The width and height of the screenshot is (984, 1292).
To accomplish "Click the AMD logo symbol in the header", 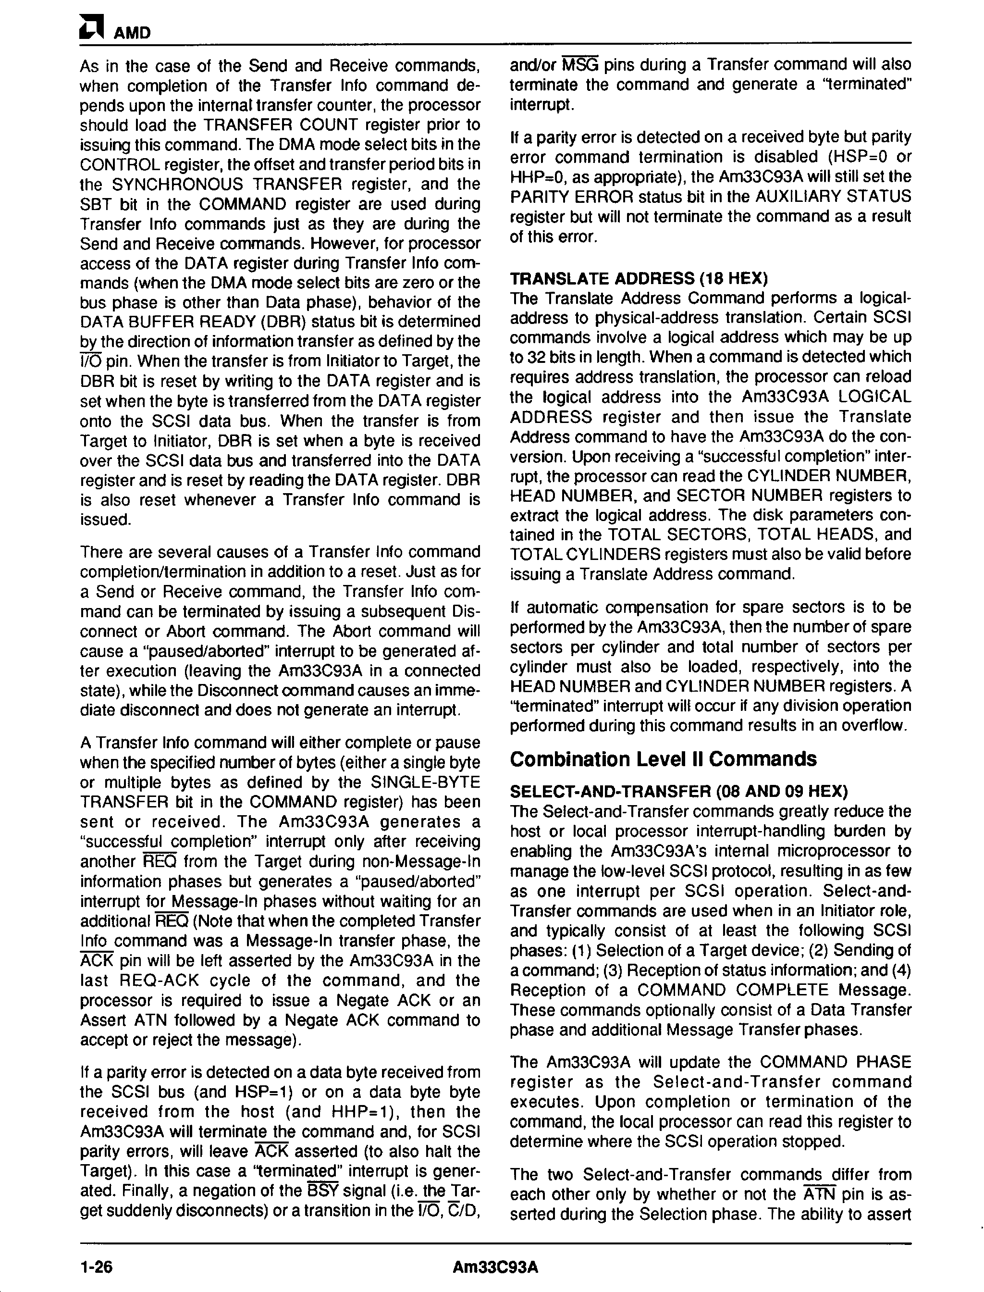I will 92,29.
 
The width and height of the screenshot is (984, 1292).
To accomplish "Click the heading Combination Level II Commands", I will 663,759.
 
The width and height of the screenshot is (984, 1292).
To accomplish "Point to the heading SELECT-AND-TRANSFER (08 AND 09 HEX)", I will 679,792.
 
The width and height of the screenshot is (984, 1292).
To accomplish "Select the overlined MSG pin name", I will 580,64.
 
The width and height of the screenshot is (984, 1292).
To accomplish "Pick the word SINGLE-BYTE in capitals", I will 426,782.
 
